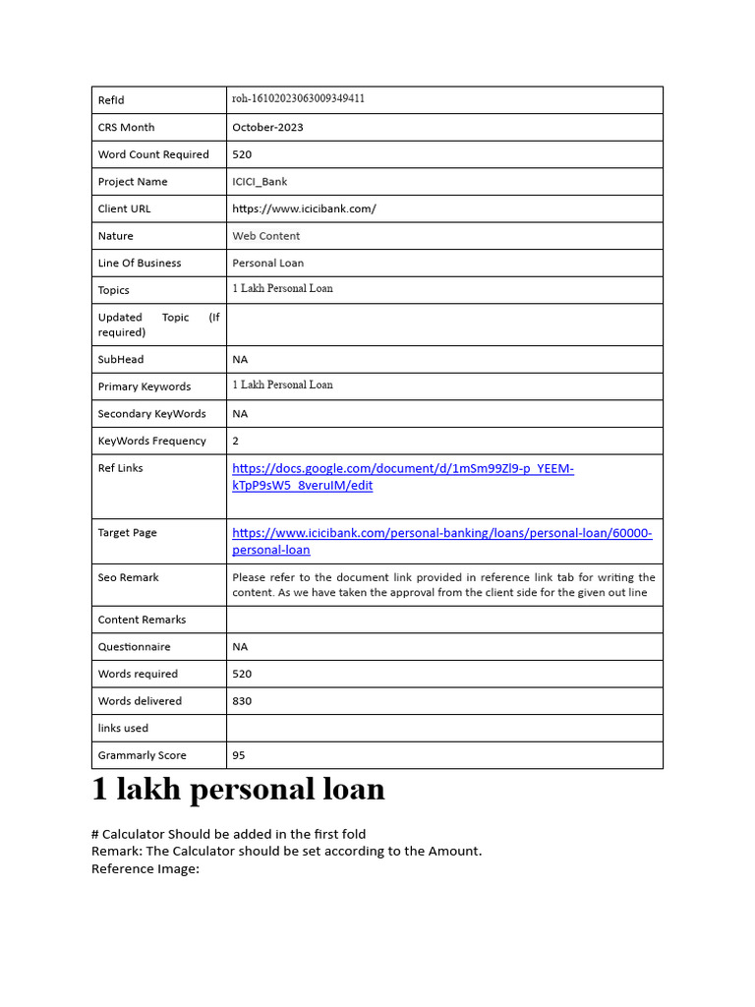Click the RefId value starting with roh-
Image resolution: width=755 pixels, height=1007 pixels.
(298, 99)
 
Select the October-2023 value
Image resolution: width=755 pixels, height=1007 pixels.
(267, 127)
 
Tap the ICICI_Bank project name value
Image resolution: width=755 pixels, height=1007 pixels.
(260, 182)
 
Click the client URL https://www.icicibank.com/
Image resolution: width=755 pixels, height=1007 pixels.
(304, 208)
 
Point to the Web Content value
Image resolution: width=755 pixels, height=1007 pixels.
(265, 236)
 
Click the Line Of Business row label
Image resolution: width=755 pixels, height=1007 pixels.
(139, 264)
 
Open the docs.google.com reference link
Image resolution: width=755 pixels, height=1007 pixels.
(402, 477)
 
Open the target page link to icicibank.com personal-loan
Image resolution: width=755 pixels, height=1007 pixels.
(441, 541)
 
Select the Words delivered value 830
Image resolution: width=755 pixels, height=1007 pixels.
(242, 701)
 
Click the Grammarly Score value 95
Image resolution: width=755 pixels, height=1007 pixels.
(239, 755)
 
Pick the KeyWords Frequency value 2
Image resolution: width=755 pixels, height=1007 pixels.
(236, 442)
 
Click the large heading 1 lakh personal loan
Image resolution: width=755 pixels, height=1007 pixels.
(238, 790)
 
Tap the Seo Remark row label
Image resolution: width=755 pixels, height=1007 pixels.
(128, 578)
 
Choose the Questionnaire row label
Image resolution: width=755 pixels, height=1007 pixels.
(134, 647)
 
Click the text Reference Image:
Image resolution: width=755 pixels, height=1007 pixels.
(145, 868)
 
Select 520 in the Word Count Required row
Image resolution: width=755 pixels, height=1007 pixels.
(242, 154)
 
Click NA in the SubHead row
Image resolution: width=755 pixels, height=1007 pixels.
(240, 360)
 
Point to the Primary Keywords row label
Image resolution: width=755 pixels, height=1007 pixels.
(145, 387)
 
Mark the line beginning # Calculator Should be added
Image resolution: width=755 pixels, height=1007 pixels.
(228, 834)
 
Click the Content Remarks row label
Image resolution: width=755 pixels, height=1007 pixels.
(142, 620)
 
